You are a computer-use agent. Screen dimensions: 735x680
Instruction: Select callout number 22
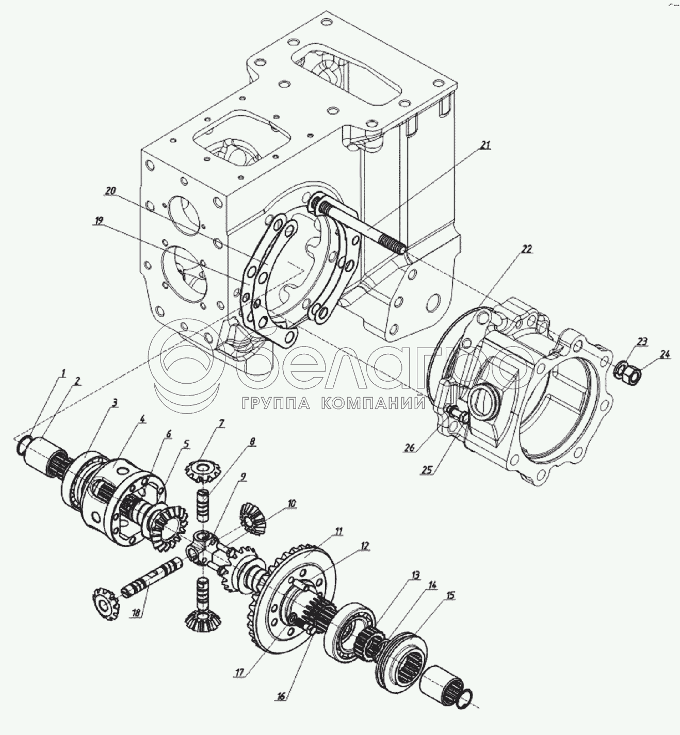526,249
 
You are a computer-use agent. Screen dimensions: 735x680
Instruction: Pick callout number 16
281,696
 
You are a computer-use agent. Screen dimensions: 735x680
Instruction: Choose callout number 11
338,531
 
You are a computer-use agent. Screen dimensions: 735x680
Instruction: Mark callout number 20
110,191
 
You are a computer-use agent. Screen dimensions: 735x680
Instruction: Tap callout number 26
409,448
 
